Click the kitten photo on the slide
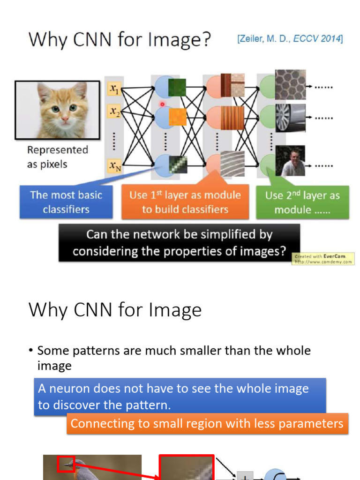click(x=57, y=110)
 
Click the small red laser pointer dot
click(x=163, y=105)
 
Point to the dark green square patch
click(x=177, y=88)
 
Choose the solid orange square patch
click(x=178, y=117)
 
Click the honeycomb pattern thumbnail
click(x=290, y=85)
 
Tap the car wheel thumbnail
click(x=290, y=117)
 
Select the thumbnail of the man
click(x=290, y=161)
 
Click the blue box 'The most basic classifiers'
click(x=66, y=202)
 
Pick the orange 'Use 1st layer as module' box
click(x=185, y=202)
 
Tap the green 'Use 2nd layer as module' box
click(x=302, y=202)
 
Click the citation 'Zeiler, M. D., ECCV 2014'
click(x=290, y=39)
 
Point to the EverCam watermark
click(x=323, y=259)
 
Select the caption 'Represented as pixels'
click(x=57, y=157)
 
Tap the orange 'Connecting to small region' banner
click(x=207, y=424)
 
